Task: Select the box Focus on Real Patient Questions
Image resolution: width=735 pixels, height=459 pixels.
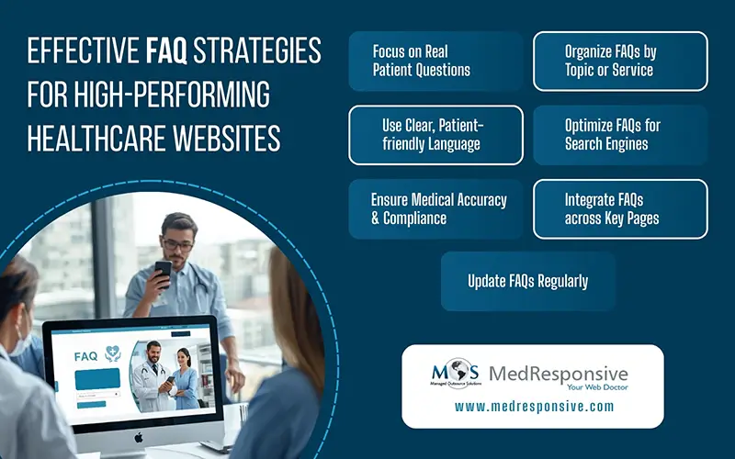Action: tap(436, 61)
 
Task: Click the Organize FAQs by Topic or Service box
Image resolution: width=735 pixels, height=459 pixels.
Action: tap(620, 61)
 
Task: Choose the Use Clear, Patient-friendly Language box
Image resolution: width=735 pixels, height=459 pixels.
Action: tap(436, 134)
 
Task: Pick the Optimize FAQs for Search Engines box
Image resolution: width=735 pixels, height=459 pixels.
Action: tap(620, 134)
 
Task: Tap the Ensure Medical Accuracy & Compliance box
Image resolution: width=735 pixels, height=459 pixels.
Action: tap(436, 209)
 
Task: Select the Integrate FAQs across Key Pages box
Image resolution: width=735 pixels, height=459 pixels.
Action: tap(620, 209)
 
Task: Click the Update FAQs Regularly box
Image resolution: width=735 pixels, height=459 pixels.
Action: tap(527, 281)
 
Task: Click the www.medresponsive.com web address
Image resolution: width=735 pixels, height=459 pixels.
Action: tap(533, 407)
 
